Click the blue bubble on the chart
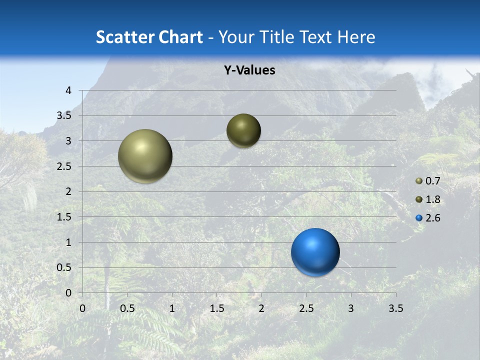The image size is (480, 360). pos(315,252)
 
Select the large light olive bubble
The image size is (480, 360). pos(145,156)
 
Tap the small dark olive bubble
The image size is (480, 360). pos(243,130)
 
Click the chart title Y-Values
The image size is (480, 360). pos(249,70)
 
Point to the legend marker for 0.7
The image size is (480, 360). pos(419,181)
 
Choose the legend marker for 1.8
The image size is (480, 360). pos(419,199)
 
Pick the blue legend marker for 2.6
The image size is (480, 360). pos(419,218)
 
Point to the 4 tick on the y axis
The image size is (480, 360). pos(68,90)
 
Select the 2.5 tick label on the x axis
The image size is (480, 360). pos(306,308)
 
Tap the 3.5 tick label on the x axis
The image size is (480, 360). pos(395,308)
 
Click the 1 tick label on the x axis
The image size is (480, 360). pos(172,308)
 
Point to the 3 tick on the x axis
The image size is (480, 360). pos(351,308)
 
